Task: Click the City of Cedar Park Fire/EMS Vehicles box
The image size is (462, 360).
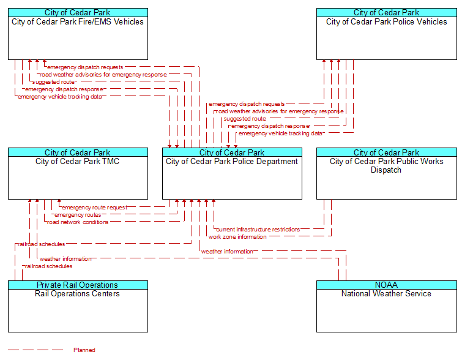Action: point(78,34)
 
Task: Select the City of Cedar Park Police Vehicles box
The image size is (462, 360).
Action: point(387,34)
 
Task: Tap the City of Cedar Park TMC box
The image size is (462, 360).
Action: point(78,174)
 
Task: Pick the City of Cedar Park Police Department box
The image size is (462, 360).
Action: point(232,174)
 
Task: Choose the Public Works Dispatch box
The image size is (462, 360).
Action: point(387,174)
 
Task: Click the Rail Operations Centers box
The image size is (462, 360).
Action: point(78,306)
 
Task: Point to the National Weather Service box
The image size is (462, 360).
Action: point(387,306)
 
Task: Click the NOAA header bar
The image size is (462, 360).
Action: point(387,285)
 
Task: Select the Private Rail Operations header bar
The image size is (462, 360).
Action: point(78,285)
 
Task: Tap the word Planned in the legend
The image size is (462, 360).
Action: point(84,350)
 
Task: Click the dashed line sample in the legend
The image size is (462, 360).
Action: point(35,350)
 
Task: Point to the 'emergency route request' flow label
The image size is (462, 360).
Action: point(94,208)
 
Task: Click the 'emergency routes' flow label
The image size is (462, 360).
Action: point(78,215)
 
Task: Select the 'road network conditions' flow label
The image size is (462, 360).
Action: point(78,222)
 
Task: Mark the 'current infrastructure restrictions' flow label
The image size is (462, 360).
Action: point(258,230)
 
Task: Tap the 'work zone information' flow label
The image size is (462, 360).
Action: point(237,237)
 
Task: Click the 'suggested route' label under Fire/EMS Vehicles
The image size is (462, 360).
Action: point(53,82)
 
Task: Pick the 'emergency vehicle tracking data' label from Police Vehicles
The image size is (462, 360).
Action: point(280,133)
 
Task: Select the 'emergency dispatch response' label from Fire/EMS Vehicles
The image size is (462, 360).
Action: point(64,89)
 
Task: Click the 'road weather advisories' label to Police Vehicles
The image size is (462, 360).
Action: point(280,111)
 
